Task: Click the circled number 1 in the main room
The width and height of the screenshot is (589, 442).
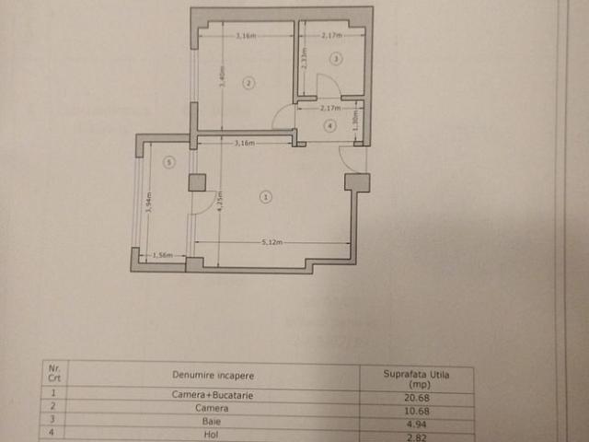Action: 266,196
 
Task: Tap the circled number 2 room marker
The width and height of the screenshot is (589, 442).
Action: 248,83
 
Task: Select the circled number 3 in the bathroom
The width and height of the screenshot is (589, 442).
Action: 336,59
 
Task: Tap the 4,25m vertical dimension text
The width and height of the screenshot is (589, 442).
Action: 219,202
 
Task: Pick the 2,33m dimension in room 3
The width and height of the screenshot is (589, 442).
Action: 304,60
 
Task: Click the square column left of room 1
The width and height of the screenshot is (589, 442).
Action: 197,182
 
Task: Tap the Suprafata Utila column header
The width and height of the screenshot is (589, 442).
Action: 415,378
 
